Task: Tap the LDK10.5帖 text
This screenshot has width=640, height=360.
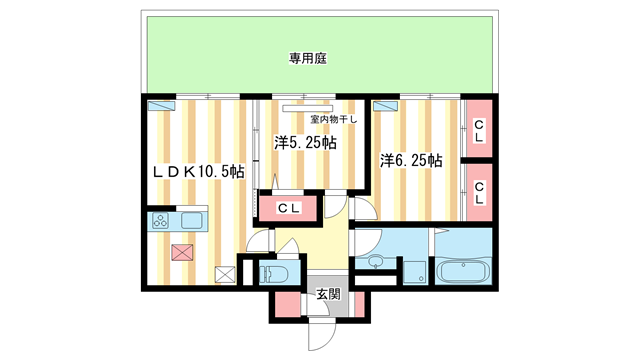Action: click(198, 171)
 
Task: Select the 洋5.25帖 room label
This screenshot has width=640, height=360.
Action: click(305, 142)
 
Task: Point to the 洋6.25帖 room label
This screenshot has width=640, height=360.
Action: click(410, 159)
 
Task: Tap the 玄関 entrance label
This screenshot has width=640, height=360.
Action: click(328, 295)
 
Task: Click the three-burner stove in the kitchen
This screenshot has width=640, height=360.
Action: click(161, 220)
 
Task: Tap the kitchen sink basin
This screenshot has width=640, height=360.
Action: click(190, 220)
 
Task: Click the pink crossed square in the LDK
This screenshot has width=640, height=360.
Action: click(181, 252)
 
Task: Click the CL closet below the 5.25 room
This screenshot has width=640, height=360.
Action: click(288, 208)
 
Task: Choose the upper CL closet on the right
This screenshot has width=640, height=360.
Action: click(479, 126)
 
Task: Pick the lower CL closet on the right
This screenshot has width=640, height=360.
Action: click(479, 191)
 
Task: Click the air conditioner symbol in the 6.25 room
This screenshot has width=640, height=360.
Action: click(386, 105)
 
